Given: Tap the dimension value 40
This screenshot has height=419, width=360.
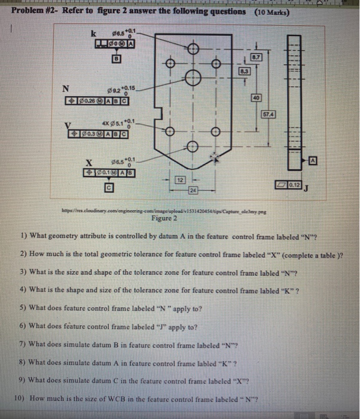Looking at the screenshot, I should [x=255, y=98].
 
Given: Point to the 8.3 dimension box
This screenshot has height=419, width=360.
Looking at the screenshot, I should [x=243, y=71].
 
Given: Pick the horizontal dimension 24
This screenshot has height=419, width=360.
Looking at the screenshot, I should [x=193, y=191].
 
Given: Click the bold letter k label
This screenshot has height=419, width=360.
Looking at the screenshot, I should [x=92, y=35].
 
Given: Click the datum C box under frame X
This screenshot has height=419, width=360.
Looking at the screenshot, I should [x=109, y=188].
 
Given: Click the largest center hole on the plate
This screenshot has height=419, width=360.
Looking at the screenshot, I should [x=193, y=77].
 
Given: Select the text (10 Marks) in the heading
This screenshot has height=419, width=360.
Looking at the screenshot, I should [x=272, y=12].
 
